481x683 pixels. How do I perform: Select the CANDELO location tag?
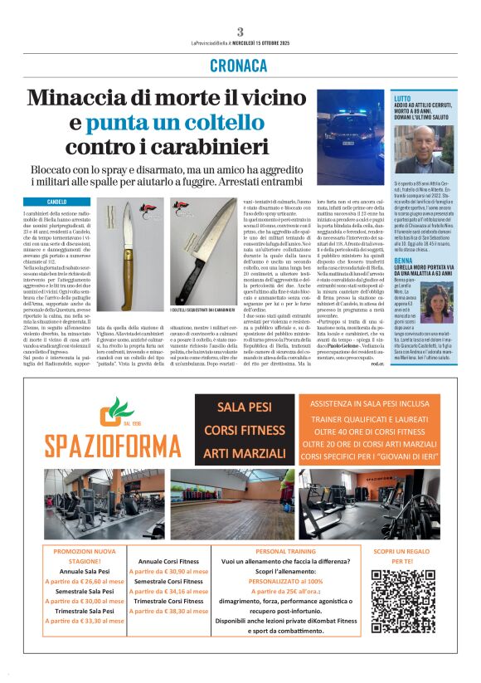[x=57, y=202]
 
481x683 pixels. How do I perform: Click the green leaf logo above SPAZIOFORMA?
[x=116, y=412]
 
